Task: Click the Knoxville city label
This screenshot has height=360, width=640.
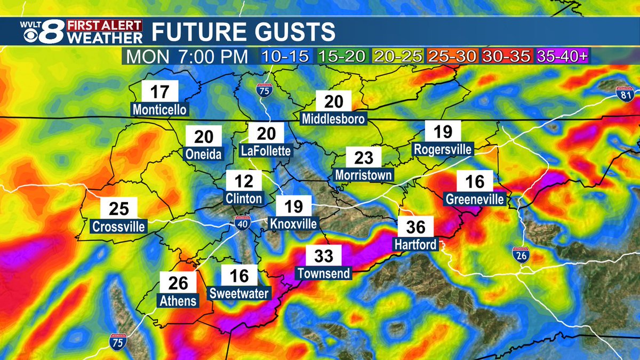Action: [x=293, y=223]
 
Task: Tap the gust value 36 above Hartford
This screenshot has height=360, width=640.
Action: [x=416, y=228]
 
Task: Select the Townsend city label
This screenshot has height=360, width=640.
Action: [x=324, y=274]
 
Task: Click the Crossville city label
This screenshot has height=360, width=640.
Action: [x=118, y=226]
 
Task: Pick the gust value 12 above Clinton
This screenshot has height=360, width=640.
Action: [x=244, y=181]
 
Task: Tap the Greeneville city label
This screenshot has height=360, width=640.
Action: [x=475, y=199]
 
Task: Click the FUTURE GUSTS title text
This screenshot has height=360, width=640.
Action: [x=244, y=32]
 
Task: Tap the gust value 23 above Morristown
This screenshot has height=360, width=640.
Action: [x=364, y=158]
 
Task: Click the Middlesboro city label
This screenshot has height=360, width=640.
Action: [x=334, y=118]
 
